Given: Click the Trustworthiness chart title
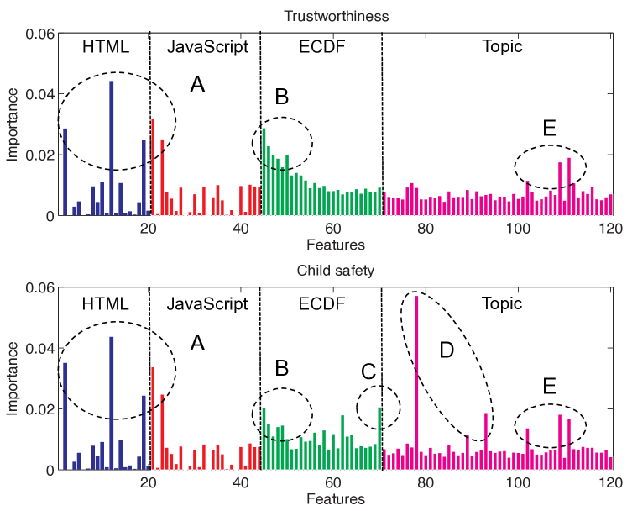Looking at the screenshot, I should [x=334, y=15].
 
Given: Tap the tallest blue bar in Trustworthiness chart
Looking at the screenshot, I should [x=112, y=148].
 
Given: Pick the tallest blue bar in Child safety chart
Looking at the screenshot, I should [x=112, y=403].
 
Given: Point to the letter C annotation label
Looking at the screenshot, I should [x=368, y=370].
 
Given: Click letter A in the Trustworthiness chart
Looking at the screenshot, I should [x=198, y=84].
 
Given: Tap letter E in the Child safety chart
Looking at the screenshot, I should [x=550, y=386].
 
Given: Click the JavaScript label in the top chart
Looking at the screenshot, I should [x=207, y=47].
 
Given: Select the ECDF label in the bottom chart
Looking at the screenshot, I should [x=320, y=303].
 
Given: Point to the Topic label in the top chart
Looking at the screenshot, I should [x=502, y=47].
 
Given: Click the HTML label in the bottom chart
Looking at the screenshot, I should [x=106, y=303].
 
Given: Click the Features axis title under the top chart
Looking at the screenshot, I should [x=334, y=245].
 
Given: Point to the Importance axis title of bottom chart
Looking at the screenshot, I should [x=13, y=378].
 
